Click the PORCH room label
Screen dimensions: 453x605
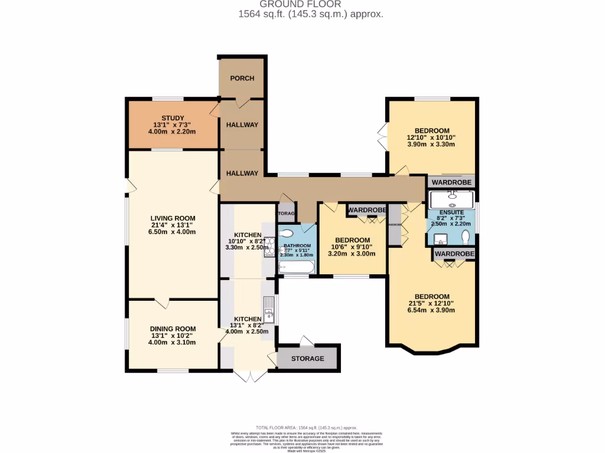tap(242, 78)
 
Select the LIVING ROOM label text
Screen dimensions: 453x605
tap(173, 218)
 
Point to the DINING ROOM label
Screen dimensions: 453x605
tap(173, 329)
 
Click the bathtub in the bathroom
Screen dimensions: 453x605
tap(297, 268)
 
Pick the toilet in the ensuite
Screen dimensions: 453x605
tap(467, 237)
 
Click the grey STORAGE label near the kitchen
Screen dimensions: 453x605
tap(307, 359)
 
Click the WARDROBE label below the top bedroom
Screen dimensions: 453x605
tap(451, 183)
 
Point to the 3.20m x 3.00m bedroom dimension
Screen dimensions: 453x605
tap(352, 254)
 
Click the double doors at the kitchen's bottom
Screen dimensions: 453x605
tap(249, 376)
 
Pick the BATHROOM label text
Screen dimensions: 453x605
tap(297, 245)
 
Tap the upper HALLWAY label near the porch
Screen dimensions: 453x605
tap(242, 125)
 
